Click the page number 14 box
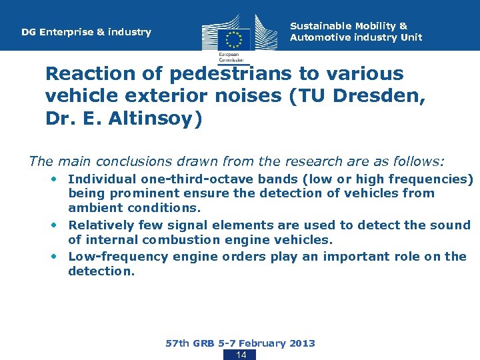241,355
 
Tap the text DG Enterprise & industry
86,32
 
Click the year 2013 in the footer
301,343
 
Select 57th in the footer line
178,343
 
